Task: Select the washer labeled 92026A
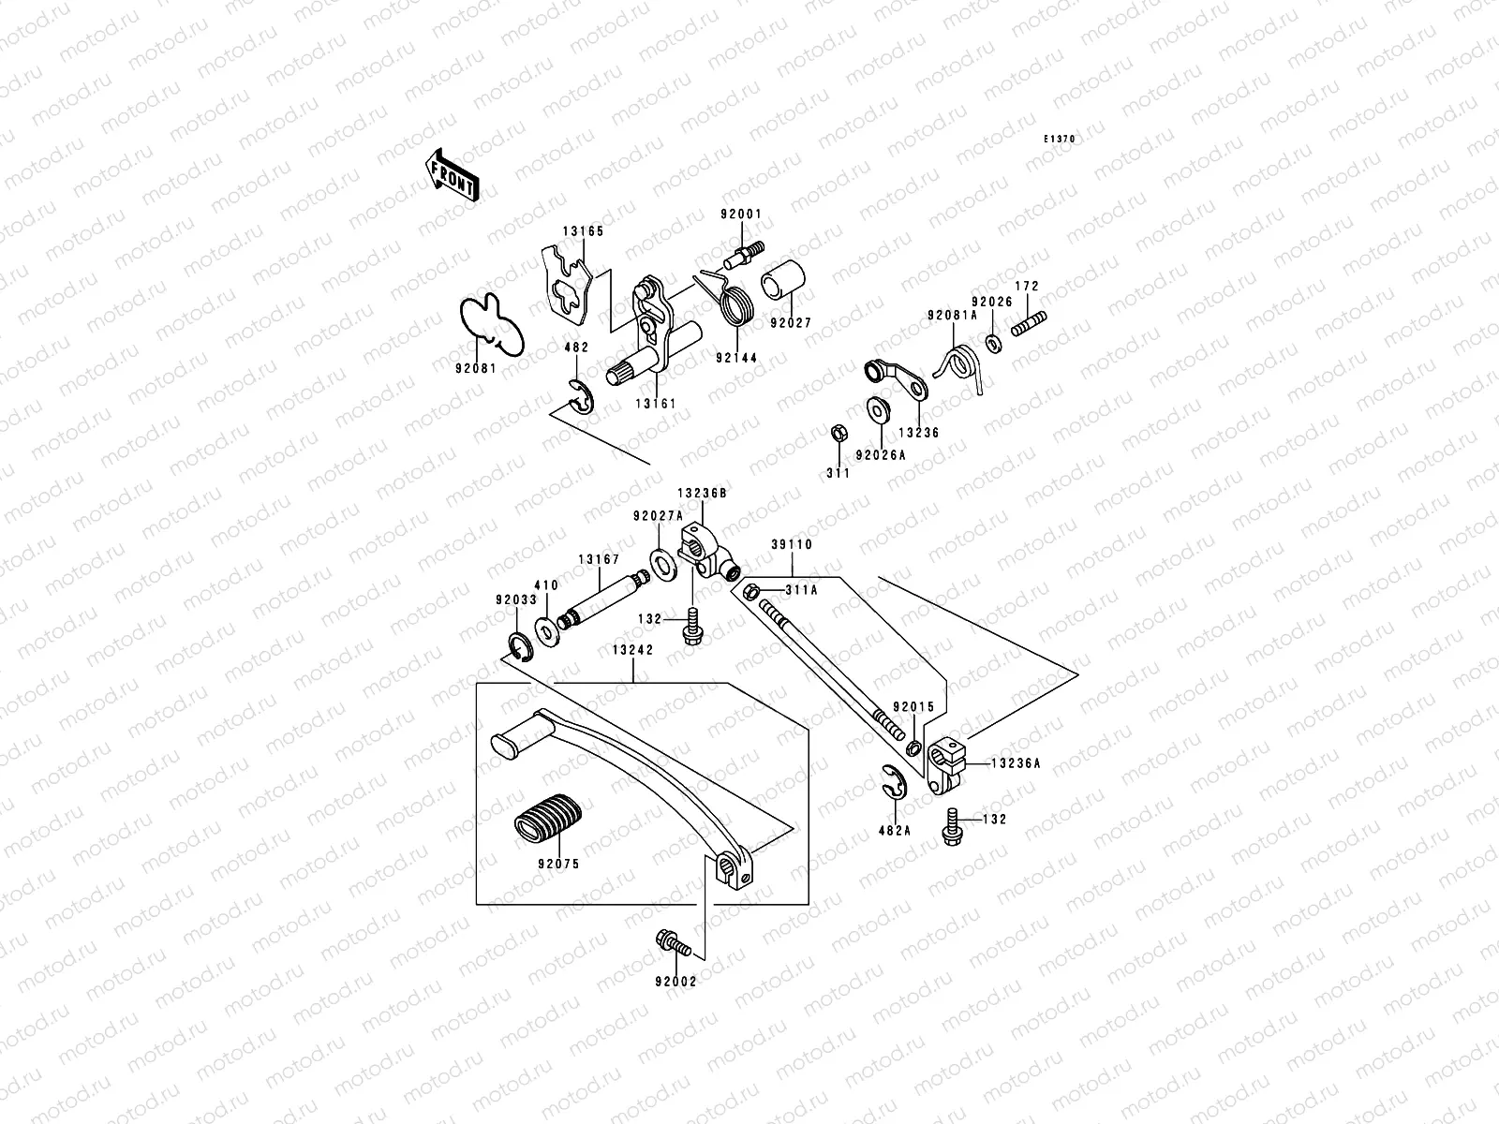879,410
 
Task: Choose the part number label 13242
633,649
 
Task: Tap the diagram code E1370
1061,140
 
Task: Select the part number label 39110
792,544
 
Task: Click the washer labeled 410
545,628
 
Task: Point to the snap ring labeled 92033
518,643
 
